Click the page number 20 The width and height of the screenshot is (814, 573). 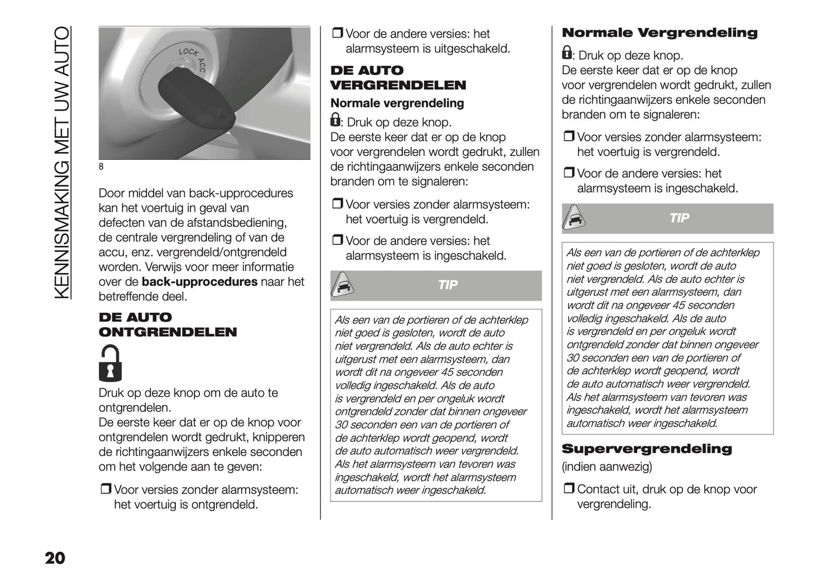click(55, 558)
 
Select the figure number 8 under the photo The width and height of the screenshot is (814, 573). click(101, 167)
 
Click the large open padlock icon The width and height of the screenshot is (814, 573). click(110, 364)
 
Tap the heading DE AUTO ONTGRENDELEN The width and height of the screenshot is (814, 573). click(167, 325)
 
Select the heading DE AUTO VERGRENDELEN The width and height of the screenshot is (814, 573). click(398, 78)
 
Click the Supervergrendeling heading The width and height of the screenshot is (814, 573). click(647, 449)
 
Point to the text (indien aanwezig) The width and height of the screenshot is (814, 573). click(607, 467)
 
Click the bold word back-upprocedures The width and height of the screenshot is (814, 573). click(199, 282)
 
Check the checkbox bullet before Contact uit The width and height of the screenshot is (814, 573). click(568, 489)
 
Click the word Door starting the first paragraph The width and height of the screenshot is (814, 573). click(112, 193)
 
